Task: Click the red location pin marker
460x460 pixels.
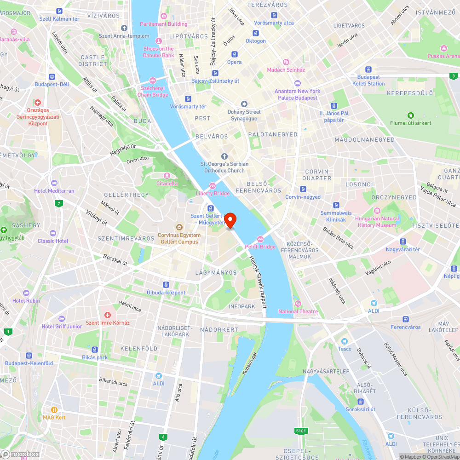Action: point(230,220)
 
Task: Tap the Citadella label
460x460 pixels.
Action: point(167,183)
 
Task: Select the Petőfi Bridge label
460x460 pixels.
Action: point(260,247)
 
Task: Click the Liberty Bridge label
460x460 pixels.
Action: point(213,193)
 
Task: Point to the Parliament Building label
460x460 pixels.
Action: point(164,24)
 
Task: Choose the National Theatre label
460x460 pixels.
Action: point(298,311)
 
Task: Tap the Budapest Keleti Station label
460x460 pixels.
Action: point(368,80)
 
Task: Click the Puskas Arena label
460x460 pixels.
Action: point(443,56)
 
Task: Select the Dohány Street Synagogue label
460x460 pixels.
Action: point(244,115)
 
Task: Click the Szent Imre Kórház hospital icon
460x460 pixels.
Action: point(108,315)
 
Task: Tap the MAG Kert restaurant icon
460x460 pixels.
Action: point(54,409)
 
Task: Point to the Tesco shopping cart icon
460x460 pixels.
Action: point(344,341)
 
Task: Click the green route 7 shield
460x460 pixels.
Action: point(58,203)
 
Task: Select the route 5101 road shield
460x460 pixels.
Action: point(301,431)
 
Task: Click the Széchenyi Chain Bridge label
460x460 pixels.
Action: point(154,91)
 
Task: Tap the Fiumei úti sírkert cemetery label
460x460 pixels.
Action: point(410,123)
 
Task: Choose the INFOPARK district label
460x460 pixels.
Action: point(241,306)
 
